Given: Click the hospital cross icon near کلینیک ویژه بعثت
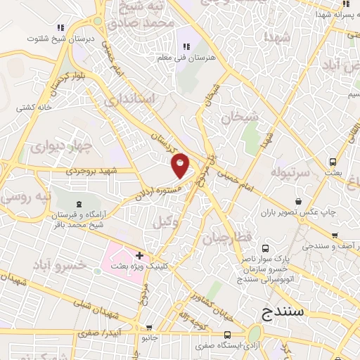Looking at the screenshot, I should [x=139, y=255].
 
